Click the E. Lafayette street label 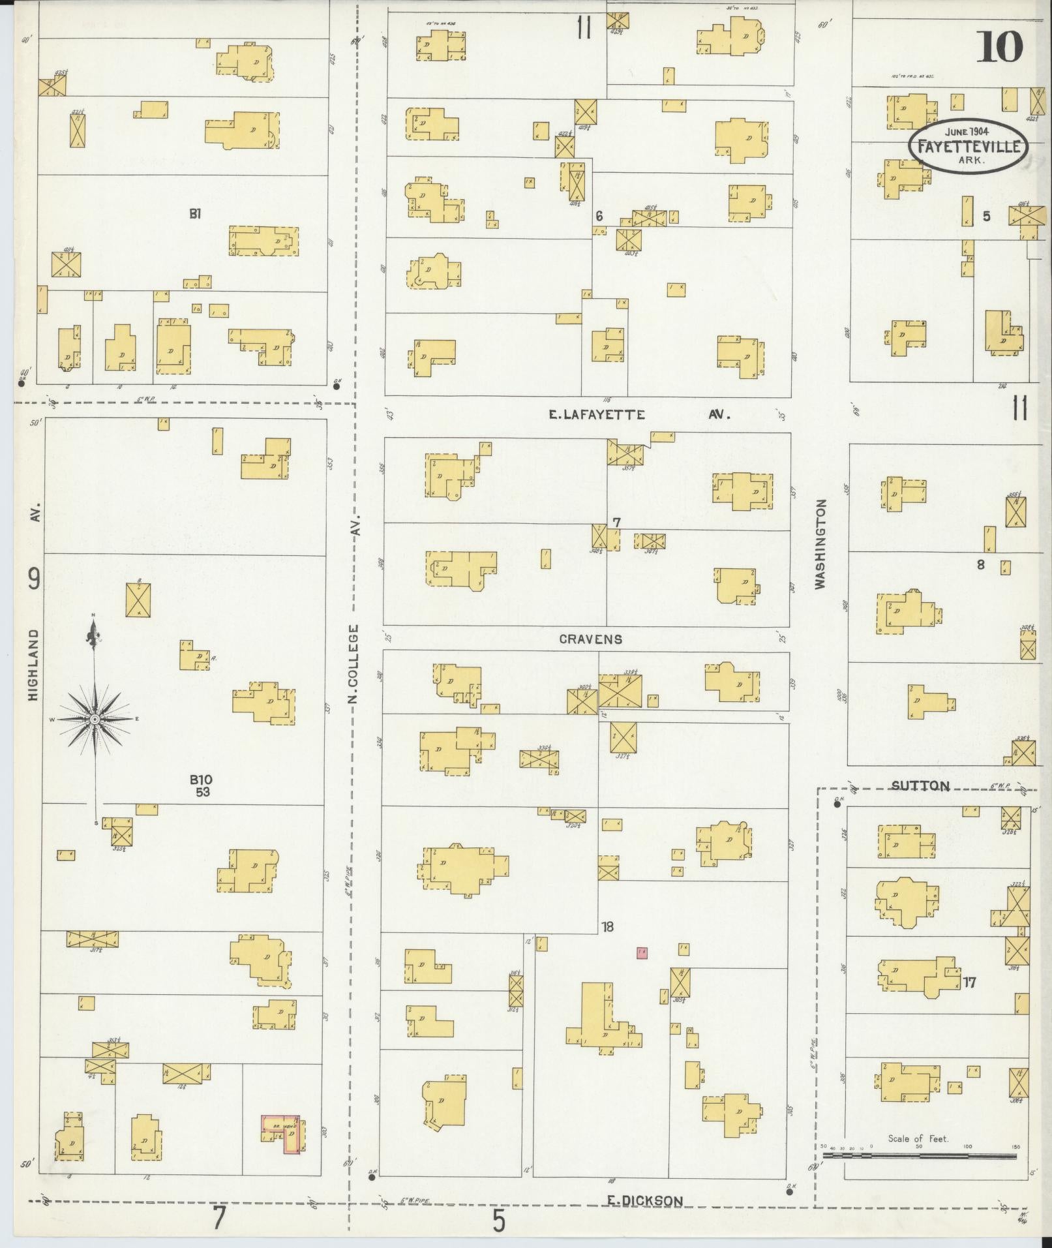[x=597, y=414]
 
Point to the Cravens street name [x=590, y=639]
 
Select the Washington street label [x=820, y=545]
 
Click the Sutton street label [x=920, y=785]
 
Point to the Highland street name [x=34, y=665]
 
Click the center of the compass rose [x=95, y=719]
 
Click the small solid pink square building [x=642, y=953]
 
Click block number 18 [x=607, y=926]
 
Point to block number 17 [x=969, y=982]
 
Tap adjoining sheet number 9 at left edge [x=34, y=579]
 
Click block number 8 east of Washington [x=980, y=565]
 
